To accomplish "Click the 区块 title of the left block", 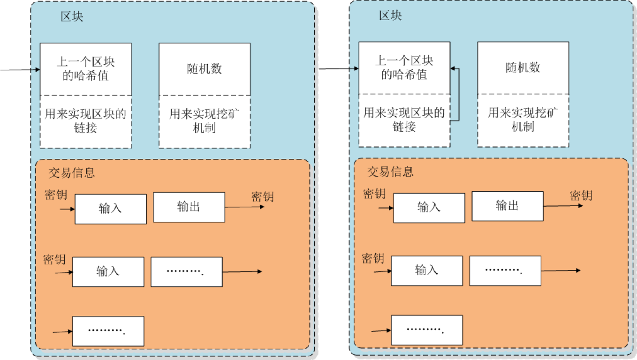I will (x=72, y=17).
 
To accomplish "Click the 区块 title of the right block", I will (x=390, y=15).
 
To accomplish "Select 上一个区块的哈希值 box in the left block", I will (x=85, y=69).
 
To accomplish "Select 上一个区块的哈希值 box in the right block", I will (x=404, y=67).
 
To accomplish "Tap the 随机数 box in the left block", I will (x=204, y=69).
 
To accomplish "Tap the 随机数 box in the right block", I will (x=523, y=67).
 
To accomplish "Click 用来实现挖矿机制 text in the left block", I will (x=204, y=121).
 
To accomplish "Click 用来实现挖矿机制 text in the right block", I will (x=523, y=120).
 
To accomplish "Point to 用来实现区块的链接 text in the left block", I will (x=85, y=121).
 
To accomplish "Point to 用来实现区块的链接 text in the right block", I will (x=404, y=120).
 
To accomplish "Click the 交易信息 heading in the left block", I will (x=72, y=172).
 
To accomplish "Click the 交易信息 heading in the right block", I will (x=390, y=171).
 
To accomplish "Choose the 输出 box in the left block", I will (x=189, y=207).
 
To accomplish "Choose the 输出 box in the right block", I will (x=507, y=205).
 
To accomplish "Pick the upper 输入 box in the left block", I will (x=110, y=209).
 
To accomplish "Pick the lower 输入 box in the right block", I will (x=426, y=270).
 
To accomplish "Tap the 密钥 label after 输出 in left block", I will (x=263, y=196).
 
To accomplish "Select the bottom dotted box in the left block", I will (x=108, y=331).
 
